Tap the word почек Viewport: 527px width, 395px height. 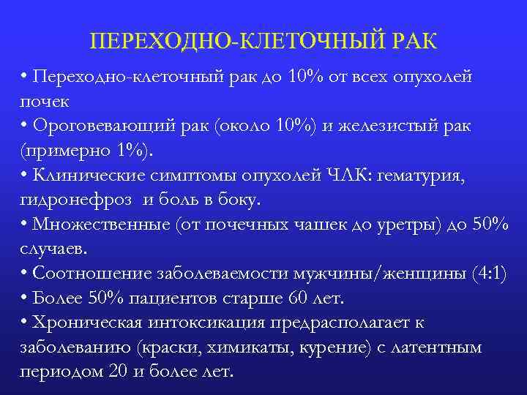pyautogui.click(x=45, y=102)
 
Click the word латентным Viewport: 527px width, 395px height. pyautogui.click(x=440, y=347)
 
